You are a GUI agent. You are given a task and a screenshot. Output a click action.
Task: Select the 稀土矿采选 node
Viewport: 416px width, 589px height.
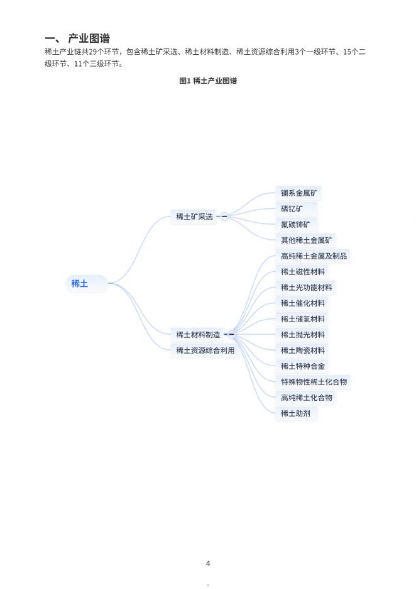pos(194,217)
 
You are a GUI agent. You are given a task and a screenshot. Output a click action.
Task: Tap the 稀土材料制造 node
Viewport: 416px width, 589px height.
pos(198,335)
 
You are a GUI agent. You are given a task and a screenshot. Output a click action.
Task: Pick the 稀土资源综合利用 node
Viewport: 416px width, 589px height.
pos(205,351)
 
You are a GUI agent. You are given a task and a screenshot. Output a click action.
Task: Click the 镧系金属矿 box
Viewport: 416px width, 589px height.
pos(298,193)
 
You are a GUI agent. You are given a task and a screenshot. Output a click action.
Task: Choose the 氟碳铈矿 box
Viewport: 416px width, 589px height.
pos(295,225)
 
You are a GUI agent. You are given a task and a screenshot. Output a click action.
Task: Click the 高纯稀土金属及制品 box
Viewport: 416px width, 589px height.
pos(313,256)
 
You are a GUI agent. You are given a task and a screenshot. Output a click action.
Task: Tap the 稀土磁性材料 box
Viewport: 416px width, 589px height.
pos(302,272)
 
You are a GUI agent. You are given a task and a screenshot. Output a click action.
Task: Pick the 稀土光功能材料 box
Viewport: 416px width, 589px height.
pos(306,288)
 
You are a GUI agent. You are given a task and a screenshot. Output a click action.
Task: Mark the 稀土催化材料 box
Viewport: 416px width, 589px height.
pos(302,303)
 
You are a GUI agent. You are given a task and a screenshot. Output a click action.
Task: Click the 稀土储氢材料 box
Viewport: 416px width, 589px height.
pos(302,319)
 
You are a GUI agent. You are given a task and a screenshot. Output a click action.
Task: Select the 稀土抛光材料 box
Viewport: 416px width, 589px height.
pos(302,335)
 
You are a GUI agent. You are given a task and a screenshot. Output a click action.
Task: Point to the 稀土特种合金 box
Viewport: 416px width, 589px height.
pos(302,366)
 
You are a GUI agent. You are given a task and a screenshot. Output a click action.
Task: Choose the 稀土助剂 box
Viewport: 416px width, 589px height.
pos(295,413)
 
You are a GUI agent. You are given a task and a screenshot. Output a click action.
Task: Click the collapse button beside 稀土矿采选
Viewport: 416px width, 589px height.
pos(224,217)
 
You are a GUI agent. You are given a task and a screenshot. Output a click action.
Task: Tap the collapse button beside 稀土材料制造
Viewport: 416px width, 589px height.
pos(231,335)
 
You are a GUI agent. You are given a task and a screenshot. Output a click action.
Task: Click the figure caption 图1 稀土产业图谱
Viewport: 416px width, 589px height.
pos(208,81)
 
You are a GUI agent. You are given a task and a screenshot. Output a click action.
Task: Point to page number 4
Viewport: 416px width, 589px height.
pos(208,563)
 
